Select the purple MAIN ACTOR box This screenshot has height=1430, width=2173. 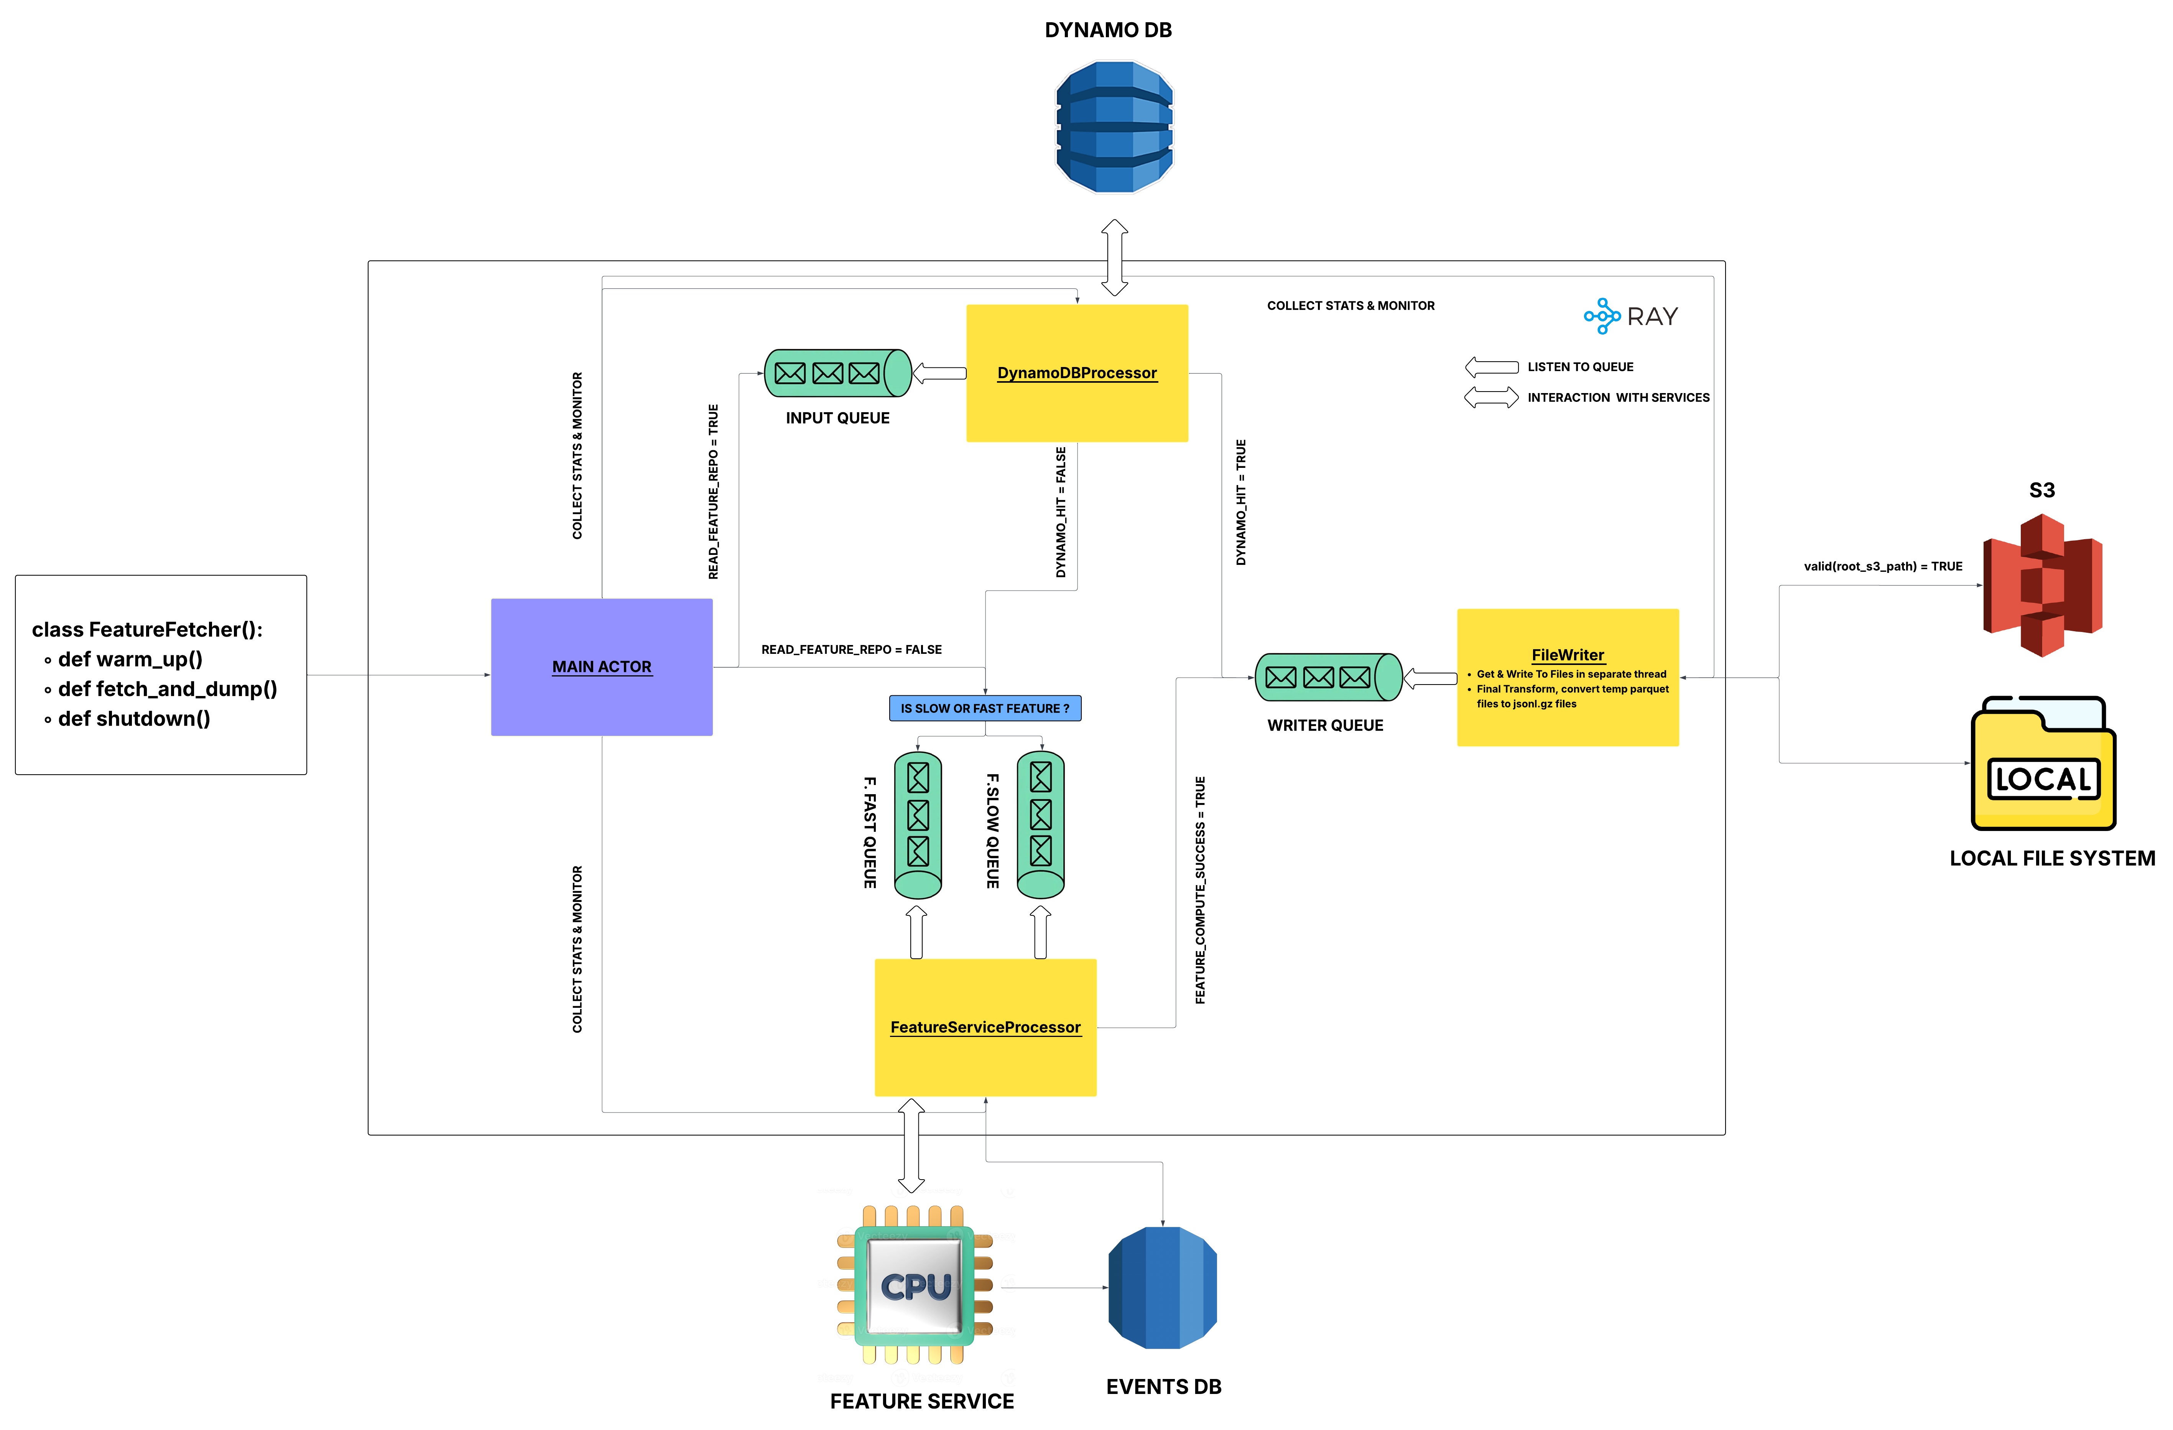602,666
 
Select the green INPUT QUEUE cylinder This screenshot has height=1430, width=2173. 837,373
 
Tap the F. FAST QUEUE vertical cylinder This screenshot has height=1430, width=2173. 918,824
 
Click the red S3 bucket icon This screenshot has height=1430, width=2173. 2043,584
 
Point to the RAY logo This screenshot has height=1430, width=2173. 1631,316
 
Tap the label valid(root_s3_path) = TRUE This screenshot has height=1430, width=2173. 1883,566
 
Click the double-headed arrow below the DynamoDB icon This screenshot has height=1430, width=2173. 1114,258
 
